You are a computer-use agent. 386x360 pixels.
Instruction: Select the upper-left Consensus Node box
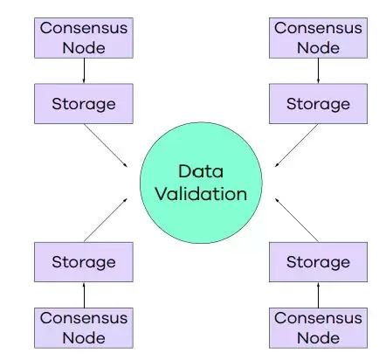84,36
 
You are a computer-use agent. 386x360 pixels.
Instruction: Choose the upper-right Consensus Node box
317,36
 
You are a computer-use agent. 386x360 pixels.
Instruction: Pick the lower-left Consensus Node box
84,326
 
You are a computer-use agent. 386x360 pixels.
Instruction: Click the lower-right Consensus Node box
317,326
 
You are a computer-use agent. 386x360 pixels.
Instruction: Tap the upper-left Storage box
84,104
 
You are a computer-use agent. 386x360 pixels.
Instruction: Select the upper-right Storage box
317,104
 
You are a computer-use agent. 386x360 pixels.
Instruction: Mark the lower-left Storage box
84,260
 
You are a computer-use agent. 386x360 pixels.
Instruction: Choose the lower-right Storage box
317,260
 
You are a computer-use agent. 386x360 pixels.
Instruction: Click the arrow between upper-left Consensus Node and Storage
84,70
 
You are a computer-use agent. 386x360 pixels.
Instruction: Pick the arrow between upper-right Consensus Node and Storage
317,70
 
